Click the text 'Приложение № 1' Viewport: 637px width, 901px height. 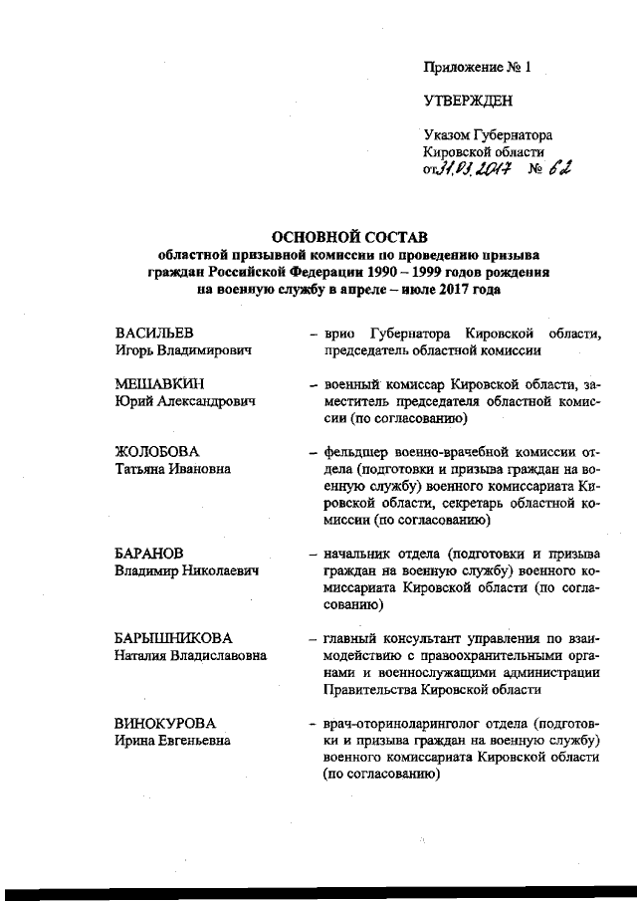pyautogui.click(x=478, y=68)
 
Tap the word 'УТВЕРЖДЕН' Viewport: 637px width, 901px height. pyautogui.click(x=469, y=101)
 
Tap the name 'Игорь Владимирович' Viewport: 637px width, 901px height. pyautogui.click(x=182, y=349)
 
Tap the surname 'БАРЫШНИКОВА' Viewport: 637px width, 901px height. pyautogui.click(x=174, y=637)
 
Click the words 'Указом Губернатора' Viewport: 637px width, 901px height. pyautogui.click(x=488, y=134)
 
